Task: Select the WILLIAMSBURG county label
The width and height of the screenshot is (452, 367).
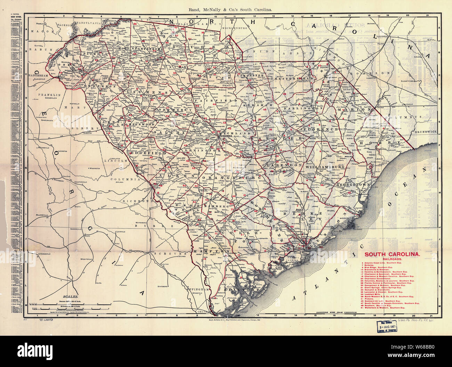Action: pos(325,167)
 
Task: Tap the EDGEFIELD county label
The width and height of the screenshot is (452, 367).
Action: pos(144,153)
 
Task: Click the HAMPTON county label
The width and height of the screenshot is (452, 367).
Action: pos(207,251)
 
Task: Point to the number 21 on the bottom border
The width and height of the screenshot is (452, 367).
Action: pos(431,316)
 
